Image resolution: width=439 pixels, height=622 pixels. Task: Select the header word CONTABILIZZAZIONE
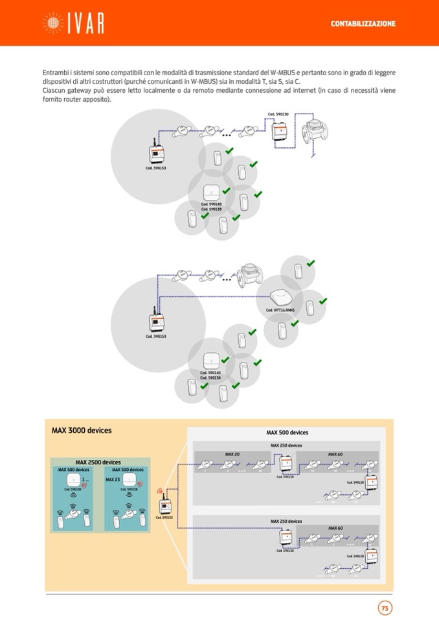[363, 23]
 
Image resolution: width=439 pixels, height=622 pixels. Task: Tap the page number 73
[385, 608]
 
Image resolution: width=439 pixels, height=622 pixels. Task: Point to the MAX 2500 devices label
[98, 462]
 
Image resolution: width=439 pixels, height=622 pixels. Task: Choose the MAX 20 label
[232, 454]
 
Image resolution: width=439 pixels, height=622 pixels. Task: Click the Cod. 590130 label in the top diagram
[278, 114]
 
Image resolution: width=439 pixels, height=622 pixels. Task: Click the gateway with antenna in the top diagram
[157, 153]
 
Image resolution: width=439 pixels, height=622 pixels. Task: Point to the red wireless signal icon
[160, 491]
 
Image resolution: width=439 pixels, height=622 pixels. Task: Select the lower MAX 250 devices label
[286, 521]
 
